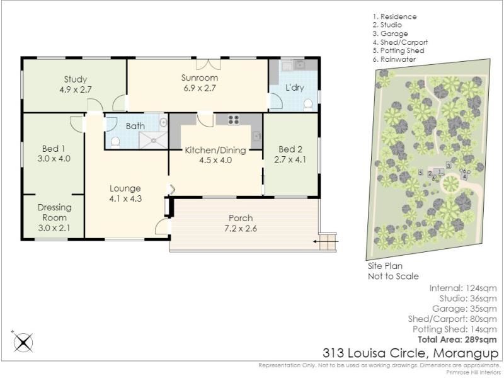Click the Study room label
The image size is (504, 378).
pyautogui.click(x=75, y=79)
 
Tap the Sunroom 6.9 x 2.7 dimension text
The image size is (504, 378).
pyautogui.click(x=200, y=88)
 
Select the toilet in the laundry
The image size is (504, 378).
pyautogui.click(x=308, y=105)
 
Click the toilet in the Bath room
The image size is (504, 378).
pyautogui.click(x=115, y=142)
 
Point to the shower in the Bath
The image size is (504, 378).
pyautogui.click(x=153, y=140)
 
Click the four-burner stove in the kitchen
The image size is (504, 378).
pyautogui.click(x=233, y=120)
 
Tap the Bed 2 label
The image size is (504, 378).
pyautogui.click(x=290, y=149)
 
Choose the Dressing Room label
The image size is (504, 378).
pyautogui.click(x=55, y=212)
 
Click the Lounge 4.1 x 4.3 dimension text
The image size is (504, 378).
pyautogui.click(x=125, y=198)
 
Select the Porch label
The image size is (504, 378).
pyautogui.click(x=241, y=218)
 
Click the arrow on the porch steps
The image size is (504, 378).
pyautogui.click(x=326, y=241)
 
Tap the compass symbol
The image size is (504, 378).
pyautogui.click(x=23, y=342)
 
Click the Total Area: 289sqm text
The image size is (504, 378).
pyautogui.click(x=457, y=340)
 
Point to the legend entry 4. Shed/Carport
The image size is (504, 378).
pyautogui.click(x=400, y=42)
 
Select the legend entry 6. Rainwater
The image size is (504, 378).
pyautogui.click(x=394, y=59)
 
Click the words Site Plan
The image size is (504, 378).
pyautogui.click(x=385, y=266)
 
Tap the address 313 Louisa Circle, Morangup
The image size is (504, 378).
pyautogui.click(x=411, y=353)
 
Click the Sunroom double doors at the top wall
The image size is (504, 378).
pyautogui.click(x=209, y=64)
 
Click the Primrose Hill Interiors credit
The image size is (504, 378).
pyautogui.click(x=473, y=372)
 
